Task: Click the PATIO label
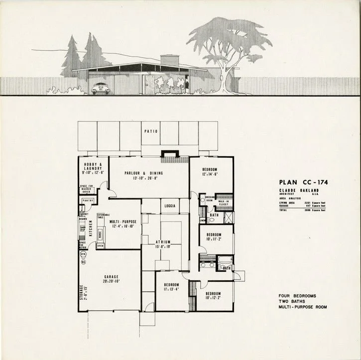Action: [x=151, y=131]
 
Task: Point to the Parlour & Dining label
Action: [x=144, y=173]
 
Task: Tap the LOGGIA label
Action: [x=170, y=204]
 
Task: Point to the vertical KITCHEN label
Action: [x=91, y=228]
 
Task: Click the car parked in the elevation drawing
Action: [x=101, y=88]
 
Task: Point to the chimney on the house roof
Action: [x=169, y=60]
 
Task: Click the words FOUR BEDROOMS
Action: [x=297, y=296]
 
